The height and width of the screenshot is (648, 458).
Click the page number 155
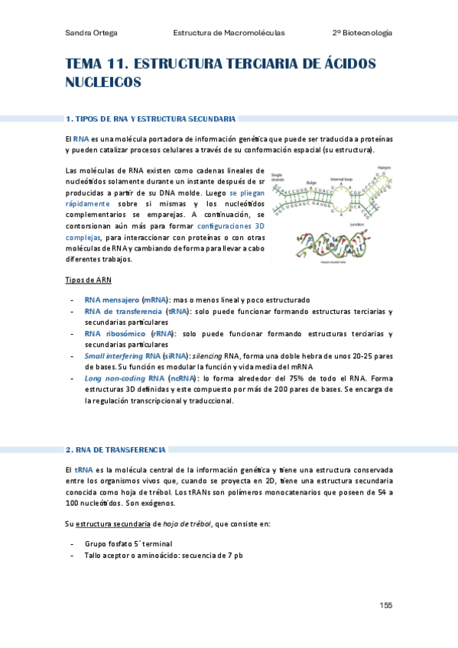coord(386,605)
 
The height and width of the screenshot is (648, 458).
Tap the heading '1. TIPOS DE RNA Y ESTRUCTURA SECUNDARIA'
coord(151,119)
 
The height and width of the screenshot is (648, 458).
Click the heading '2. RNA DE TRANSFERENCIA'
coord(116,449)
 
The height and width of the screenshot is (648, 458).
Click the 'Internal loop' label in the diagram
coord(341,178)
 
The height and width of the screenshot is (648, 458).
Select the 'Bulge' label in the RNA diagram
coord(311,183)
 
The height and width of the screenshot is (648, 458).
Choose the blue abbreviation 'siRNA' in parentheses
coord(174,355)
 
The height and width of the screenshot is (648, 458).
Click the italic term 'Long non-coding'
coord(113,378)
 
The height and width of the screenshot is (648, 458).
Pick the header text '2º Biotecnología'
coord(362,33)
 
